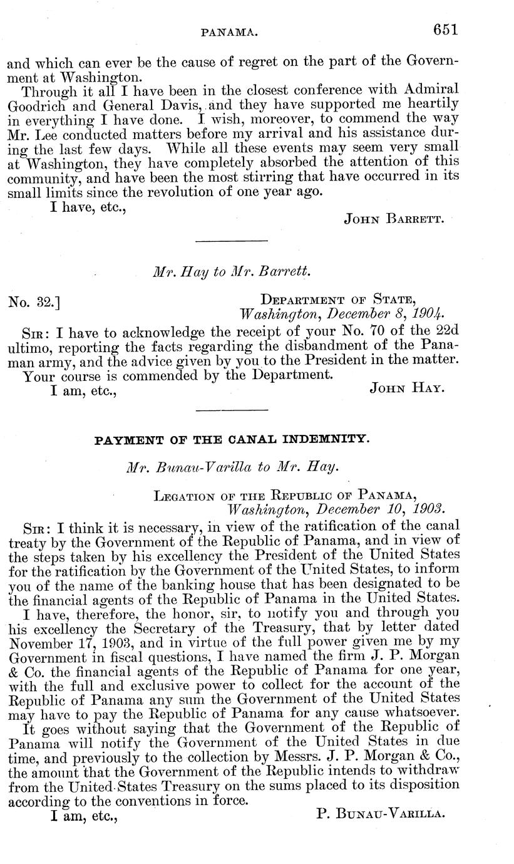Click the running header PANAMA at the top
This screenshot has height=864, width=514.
(x=229, y=30)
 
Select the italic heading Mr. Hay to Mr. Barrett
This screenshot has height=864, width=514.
(x=232, y=272)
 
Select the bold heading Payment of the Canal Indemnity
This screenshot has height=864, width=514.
(x=232, y=440)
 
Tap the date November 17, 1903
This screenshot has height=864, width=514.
(x=67, y=640)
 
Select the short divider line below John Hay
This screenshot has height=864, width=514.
(x=232, y=410)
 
